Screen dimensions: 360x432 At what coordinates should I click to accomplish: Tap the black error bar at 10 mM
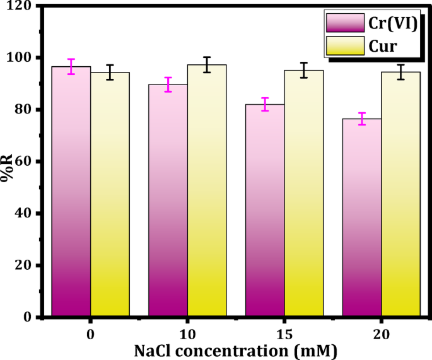tap(207, 64)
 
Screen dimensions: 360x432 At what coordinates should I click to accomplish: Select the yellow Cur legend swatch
tap(346, 46)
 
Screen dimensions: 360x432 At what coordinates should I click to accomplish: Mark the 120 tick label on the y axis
tap(21, 6)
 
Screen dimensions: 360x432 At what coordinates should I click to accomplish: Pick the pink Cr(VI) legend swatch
tap(346, 23)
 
